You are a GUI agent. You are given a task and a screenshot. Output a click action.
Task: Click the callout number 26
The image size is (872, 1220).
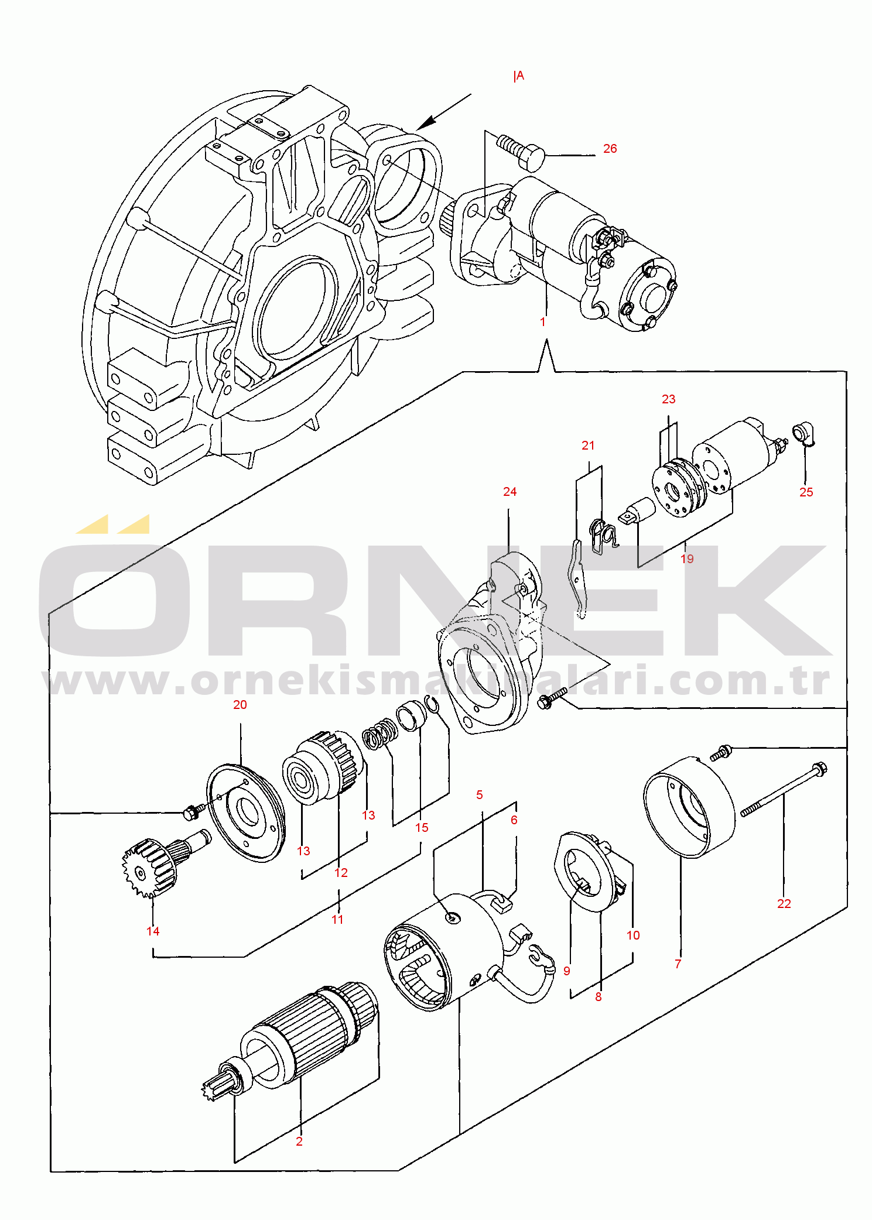click(x=610, y=149)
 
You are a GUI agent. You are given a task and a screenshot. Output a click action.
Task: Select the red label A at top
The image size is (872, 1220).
click(x=519, y=76)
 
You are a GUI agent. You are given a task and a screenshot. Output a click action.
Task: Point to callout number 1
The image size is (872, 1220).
click(x=543, y=322)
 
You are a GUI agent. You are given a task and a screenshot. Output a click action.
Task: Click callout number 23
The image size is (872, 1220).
click(x=668, y=399)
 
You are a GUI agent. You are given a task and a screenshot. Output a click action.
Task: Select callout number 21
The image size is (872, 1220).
click(x=588, y=445)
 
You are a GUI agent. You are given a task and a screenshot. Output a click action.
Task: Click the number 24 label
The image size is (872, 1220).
click(x=509, y=492)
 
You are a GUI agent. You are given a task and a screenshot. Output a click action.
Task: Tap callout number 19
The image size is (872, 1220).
click(x=687, y=559)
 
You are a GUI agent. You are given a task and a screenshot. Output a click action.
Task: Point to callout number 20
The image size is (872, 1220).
click(x=240, y=705)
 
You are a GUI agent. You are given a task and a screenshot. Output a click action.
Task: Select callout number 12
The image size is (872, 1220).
click(x=341, y=873)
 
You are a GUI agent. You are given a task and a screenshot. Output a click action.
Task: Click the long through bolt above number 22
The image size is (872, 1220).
click(x=782, y=796)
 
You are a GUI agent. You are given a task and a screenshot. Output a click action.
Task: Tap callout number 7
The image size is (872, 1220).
click(x=678, y=964)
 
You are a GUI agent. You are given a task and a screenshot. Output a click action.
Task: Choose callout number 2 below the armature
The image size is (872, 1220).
click(x=299, y=1142)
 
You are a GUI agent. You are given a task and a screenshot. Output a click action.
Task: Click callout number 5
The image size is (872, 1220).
click(x=480, y=795)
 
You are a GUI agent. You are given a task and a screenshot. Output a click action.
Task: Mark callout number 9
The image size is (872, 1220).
click(x=566, y=971)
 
